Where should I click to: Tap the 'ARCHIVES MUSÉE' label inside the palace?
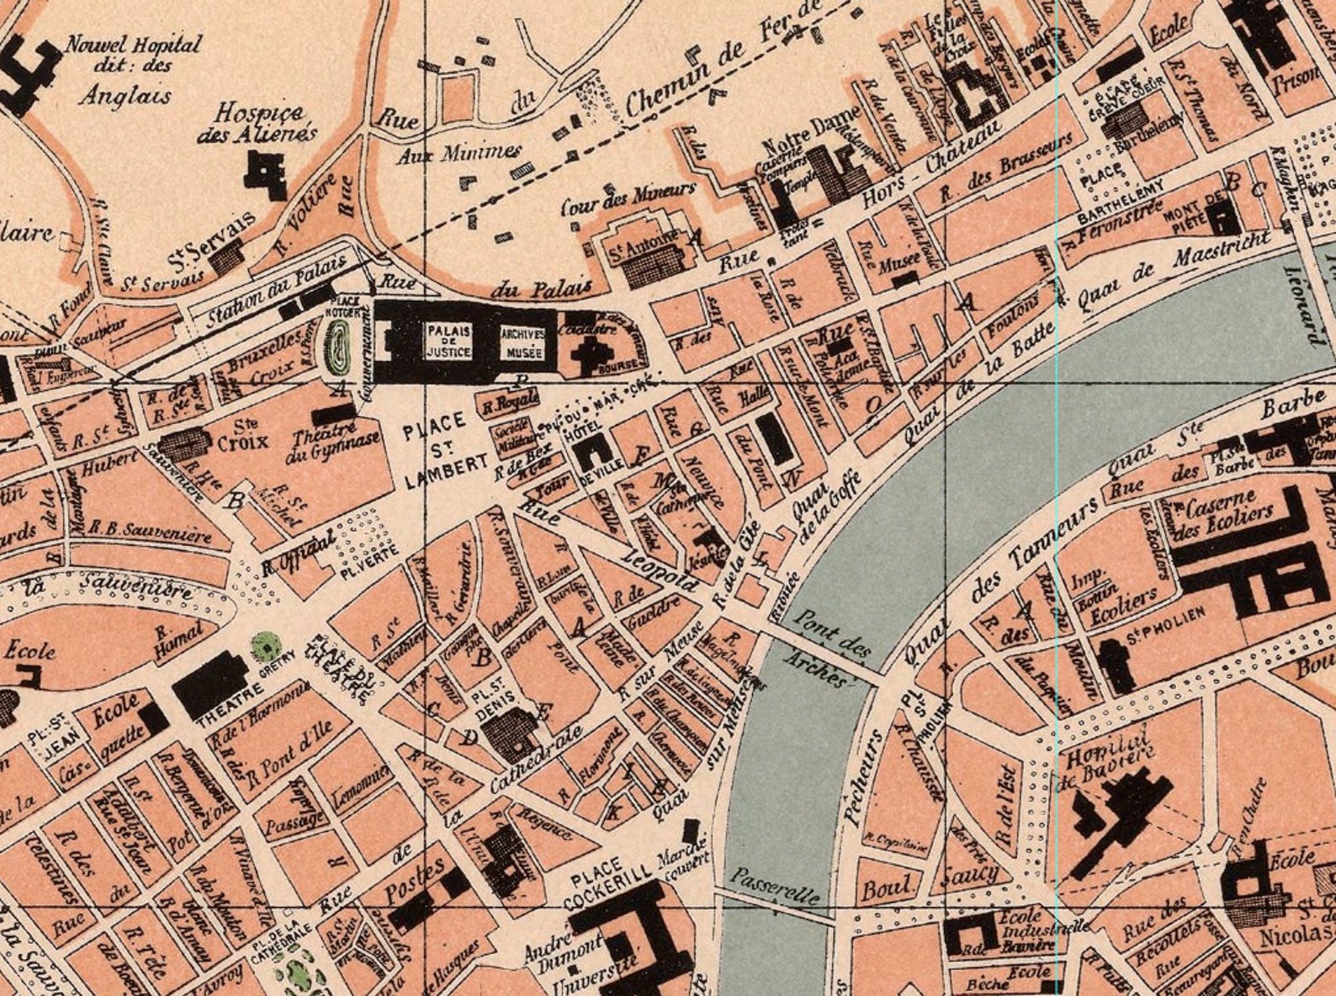coord(524,342)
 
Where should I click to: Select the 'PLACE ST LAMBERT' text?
coord(433,450)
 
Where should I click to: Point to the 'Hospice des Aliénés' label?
coord(257,124)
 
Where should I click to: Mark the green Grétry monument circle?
coord(267,646)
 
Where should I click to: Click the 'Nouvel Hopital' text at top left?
coord(135,45)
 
